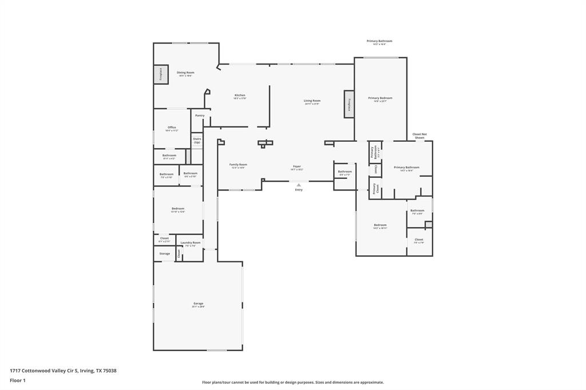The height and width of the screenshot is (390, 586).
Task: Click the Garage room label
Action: pyautogui.click(x=198, y=304)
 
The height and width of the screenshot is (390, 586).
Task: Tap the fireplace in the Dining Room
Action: pyautogui.click(x=161, y=75)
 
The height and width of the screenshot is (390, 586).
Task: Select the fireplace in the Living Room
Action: pyautogui.click(x=349, y=104)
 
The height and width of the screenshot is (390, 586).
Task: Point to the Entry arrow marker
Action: pyautogui.click(x=299, y=185)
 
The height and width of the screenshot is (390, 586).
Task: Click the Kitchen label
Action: pyautogui.click(x=240, y=95)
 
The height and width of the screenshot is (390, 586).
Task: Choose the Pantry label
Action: pyautogui.click(x=200, y=116)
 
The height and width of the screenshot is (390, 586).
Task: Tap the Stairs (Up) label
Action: pyautogui.click(x=197, y=140)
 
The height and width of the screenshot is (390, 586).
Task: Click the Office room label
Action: pyautogui.click(x=172, y=128)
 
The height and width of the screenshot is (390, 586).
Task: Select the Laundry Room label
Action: pyautogui.click(x=191, y=243)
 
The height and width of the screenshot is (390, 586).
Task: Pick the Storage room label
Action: pyautogui.click(x=164, y=253)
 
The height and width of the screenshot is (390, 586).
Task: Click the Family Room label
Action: pyautogui.click(x=238, y=165)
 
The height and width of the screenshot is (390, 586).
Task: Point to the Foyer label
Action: pyautogui.click(x=296, y=167)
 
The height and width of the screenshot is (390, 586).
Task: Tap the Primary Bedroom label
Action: pyautogui.click(x=380, y=98)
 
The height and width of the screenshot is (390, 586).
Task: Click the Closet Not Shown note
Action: pyautogui.click(x=419, y=136)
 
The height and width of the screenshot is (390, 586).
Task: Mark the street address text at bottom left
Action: pyautogui.click(x=63, y=371)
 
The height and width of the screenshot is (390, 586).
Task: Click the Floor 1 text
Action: pyautogui.click(x=18, y=380)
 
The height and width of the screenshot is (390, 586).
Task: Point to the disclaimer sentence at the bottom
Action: pyautogui.click(x=292, y=383)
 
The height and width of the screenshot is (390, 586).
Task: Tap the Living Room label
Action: pyautogui.click(x=312, y=101)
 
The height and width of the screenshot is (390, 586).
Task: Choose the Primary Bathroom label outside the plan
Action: pyautogui.click(x=379, y=41)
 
